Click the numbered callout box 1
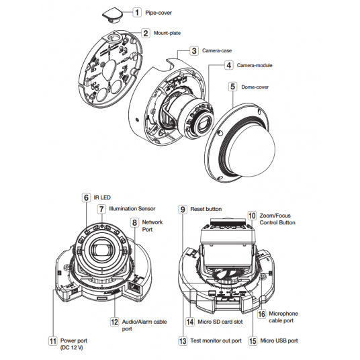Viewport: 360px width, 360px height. tap(137, 12)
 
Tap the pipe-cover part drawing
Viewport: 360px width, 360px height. tap(112, 15)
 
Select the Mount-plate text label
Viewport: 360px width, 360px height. tap(167, 33)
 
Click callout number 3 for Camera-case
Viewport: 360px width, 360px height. tap(194, 51)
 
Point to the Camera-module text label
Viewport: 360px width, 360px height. tap(255, 65)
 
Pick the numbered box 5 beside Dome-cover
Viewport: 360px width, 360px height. tap(233, 87)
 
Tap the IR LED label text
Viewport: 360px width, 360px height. tap(102, 197)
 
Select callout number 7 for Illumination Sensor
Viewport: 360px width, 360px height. tap(101, 209)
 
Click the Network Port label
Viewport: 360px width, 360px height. tap(152, 226)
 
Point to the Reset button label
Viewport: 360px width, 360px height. tap(206, 209)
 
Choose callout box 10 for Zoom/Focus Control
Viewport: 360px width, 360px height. tap(252, 216)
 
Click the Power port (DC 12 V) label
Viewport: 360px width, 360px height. tap(74, 344)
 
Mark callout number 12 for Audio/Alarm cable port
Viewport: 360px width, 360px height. tap(114, 322)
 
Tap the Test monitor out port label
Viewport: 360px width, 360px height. tap(216, 341)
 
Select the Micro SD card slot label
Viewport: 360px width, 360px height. tap(220, 322)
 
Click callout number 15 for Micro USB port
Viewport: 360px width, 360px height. tap(253, 341)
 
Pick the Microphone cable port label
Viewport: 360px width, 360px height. tap(283, 317)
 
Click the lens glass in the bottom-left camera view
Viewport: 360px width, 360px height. tap(101, 250)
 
